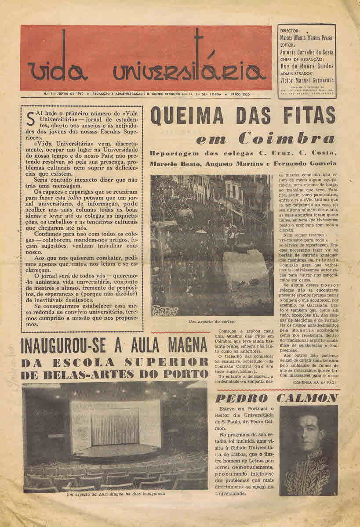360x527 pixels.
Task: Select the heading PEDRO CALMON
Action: (x=277, y=398)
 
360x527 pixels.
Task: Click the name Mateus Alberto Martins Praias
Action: (x=306, y=38)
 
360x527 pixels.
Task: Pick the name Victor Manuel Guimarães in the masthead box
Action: (x=306, y=81)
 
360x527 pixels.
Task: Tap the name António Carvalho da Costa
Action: (x=306, y=52)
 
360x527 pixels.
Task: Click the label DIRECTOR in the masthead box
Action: (x=289, y=31)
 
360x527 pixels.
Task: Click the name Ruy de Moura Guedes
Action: (x=306, y=66)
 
